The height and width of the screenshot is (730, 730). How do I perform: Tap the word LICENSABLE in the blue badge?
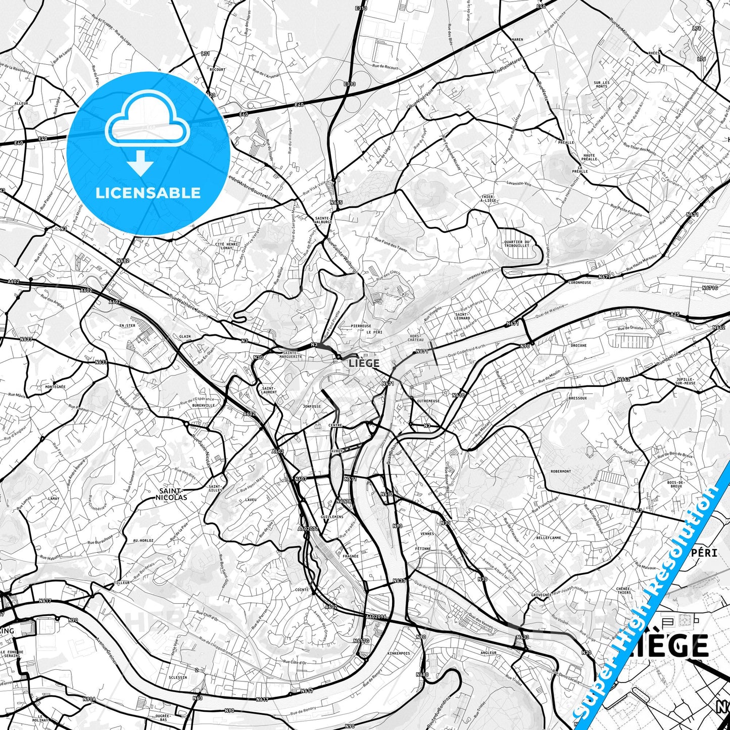pos(148,193)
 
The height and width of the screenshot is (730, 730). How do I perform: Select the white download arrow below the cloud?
pos(140,163)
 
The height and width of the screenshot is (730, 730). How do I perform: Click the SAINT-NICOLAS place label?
pos(173,494)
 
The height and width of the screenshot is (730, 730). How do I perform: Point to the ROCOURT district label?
pos(217,69)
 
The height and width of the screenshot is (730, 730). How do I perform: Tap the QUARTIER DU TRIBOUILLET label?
pos(517,244)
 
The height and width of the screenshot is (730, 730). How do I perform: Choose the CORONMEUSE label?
pos(579,282)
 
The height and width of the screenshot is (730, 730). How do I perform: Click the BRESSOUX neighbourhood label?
pos(577,398)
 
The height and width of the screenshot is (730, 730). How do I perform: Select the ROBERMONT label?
pos(561,471)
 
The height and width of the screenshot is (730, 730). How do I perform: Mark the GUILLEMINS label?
pos(332,517)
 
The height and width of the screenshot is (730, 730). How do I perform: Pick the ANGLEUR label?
pos(489,653)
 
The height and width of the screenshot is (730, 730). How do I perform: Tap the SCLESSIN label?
pos(178,677)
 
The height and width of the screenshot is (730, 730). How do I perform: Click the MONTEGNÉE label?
pos(56,387)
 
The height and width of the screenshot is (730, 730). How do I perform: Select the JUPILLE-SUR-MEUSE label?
pos(685,381)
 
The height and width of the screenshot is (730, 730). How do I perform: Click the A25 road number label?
pos(675,314)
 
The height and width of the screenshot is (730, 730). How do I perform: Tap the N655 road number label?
pos(336,203)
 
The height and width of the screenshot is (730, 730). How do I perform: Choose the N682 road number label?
pos(123,261)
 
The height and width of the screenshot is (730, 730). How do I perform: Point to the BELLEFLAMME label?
pos(549,538)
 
